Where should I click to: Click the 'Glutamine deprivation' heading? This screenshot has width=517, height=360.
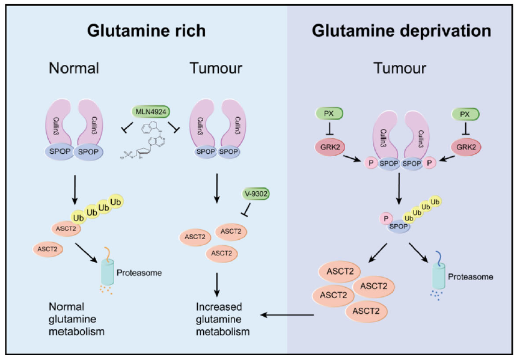click(x=401, y=31)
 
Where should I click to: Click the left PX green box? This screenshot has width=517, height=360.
click(x=328, y=113)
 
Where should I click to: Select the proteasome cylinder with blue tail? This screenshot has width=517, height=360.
click(x=439, y=275)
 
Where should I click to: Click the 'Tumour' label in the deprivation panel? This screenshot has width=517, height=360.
click(x=401, y=68)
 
